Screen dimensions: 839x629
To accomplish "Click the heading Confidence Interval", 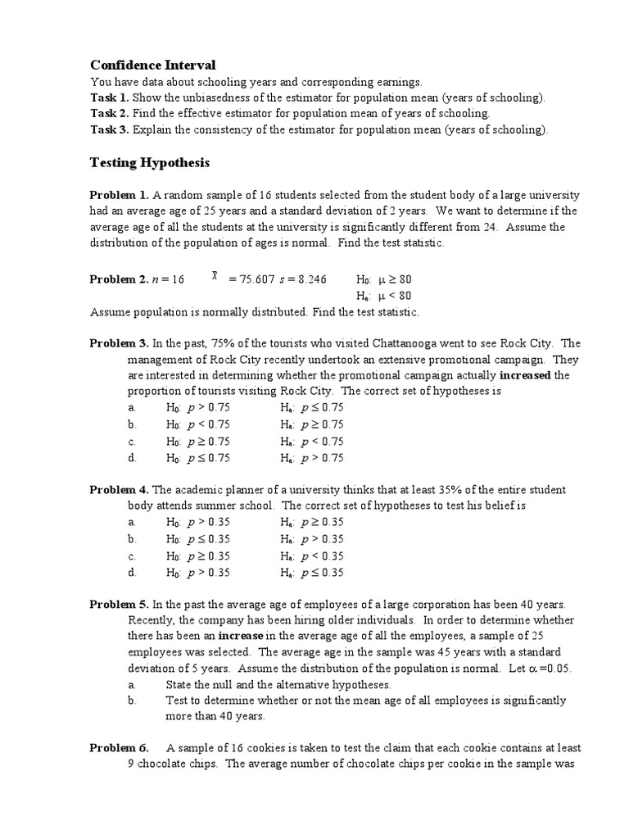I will coord(152,65).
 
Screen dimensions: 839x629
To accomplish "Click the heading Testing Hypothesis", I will coord(149,163).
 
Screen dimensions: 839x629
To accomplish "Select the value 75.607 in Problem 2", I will coord(256,279).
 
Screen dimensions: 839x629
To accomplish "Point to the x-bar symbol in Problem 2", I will coord(215,277).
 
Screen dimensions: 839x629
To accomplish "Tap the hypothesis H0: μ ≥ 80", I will coord(384,279).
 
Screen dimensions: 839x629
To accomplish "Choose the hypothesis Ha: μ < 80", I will coord(384,296).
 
